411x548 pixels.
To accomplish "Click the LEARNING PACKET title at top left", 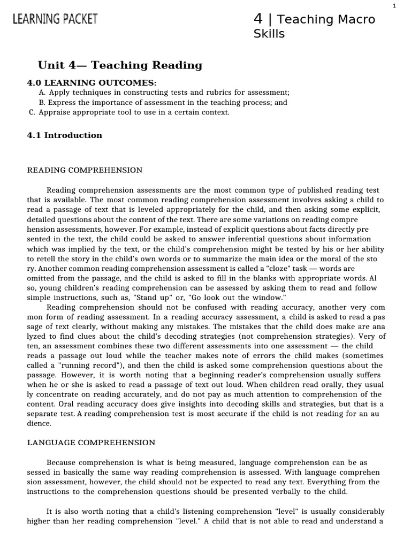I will [x=55, y=20].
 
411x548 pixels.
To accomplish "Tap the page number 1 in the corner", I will [x=394, y=5].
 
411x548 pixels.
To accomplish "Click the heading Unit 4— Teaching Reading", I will [x=120, y=65].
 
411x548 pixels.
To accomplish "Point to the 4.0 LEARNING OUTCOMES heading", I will [x=92, y=82].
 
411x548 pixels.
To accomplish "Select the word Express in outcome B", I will [x=62, y=102].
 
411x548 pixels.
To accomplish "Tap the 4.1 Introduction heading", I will [x=64, y=135].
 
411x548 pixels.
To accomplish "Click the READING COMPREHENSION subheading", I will [x=85, y=170].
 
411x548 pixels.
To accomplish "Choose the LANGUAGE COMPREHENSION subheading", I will [x=91, y=443].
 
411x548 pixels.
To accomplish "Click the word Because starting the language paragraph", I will [x=64, y=462].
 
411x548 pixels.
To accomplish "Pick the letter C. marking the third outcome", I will [x=32, y=112].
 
